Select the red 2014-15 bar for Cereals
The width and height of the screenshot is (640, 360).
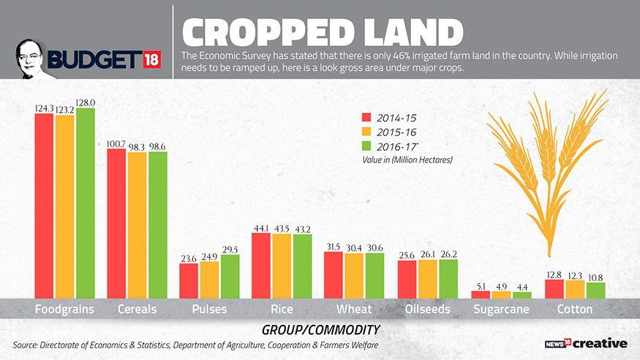click(x=116, y=223)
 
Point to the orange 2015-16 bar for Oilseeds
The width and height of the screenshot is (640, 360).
click(x=427, y=279)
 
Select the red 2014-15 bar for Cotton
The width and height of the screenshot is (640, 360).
click(x=554, y=288)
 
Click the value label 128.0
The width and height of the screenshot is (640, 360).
click(x=86, y=102)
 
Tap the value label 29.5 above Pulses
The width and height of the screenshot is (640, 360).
click(x=230, y=250)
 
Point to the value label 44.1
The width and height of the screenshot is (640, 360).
click(x=261, y=228)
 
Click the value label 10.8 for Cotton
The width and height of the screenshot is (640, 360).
click(x=595, y=277)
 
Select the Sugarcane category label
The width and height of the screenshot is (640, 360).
click(x=501, y=310)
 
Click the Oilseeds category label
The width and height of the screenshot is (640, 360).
click(x=428, y=310)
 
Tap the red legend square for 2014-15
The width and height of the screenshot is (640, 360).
click(x=368, y=118)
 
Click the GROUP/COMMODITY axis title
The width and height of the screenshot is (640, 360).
click(x=320, y=330)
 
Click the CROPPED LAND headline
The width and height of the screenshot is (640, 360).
click(x=323, y=33)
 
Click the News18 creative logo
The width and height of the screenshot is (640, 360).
click(x=588, y=342)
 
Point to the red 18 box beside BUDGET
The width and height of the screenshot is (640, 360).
click(x=148, y=59)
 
